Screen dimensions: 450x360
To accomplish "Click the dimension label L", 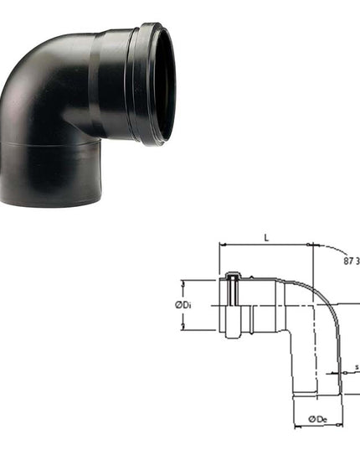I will (x=265, y=238).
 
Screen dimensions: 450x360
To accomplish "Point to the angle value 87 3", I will (x=351, y=261).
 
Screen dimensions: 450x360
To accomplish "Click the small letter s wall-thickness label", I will (x=357, y=366).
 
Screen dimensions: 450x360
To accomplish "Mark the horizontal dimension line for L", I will (x=265, y=246).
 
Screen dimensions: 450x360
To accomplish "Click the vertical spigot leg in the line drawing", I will (x=316, y=369).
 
